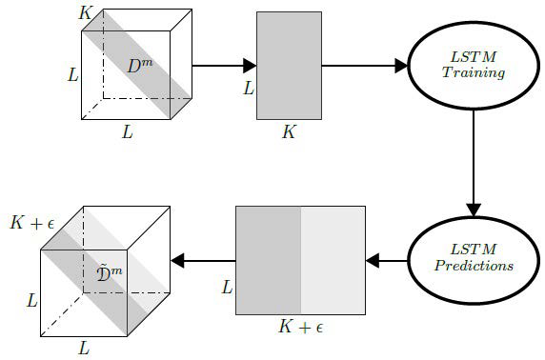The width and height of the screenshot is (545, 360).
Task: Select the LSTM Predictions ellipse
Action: tap(473, 259)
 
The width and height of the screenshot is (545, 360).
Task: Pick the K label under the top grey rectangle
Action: tap(289, 132)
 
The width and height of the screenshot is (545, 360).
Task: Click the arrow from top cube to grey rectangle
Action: tap(225, 66)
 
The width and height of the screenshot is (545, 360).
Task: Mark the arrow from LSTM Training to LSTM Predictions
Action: tap(473, 162)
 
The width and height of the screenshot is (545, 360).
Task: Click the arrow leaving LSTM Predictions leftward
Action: tap(387, 259)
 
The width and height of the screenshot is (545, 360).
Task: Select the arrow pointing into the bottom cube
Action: tap(203, 259)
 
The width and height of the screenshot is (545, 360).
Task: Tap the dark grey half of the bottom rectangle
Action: tap(268, 259)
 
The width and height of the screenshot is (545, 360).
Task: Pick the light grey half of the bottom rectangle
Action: tap(333, 259)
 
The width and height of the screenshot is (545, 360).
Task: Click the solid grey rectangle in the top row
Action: tap(289, 66)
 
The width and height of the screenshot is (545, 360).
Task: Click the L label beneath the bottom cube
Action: tap(84, 349)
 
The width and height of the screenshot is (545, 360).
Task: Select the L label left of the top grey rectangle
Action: tap(249, 89)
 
